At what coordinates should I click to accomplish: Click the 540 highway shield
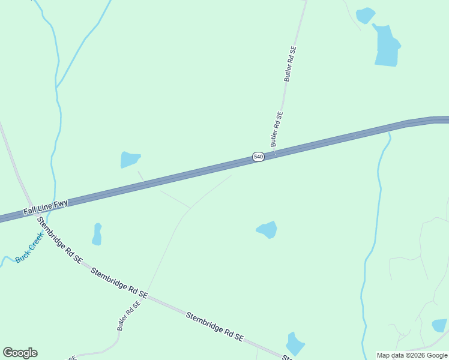(x=258, y=157)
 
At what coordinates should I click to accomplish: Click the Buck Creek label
(x=29, y=248)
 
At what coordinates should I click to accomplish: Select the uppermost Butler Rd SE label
(x=291, y=65)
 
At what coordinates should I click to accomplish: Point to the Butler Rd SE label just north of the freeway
(x=276, y=129)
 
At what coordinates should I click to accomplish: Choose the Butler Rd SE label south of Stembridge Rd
(x=128, y=316)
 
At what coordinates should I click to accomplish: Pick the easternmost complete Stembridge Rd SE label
(x=214, y=326)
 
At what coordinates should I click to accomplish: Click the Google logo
(x=20, y=353)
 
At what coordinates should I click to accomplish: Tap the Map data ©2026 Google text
(x=412, y=355)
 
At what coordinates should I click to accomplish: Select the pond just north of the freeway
(x=129, y=160)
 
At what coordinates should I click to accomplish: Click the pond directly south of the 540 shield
(x=268, y=229)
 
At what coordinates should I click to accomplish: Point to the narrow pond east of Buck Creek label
(x=97, y=234)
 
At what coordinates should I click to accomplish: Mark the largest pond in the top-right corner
(x=387, y=47)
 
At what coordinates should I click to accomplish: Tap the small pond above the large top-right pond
(x=365, y=15)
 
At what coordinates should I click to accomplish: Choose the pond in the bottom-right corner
(x=439, y=326)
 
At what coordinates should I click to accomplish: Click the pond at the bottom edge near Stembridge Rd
(x=295, y=344)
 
